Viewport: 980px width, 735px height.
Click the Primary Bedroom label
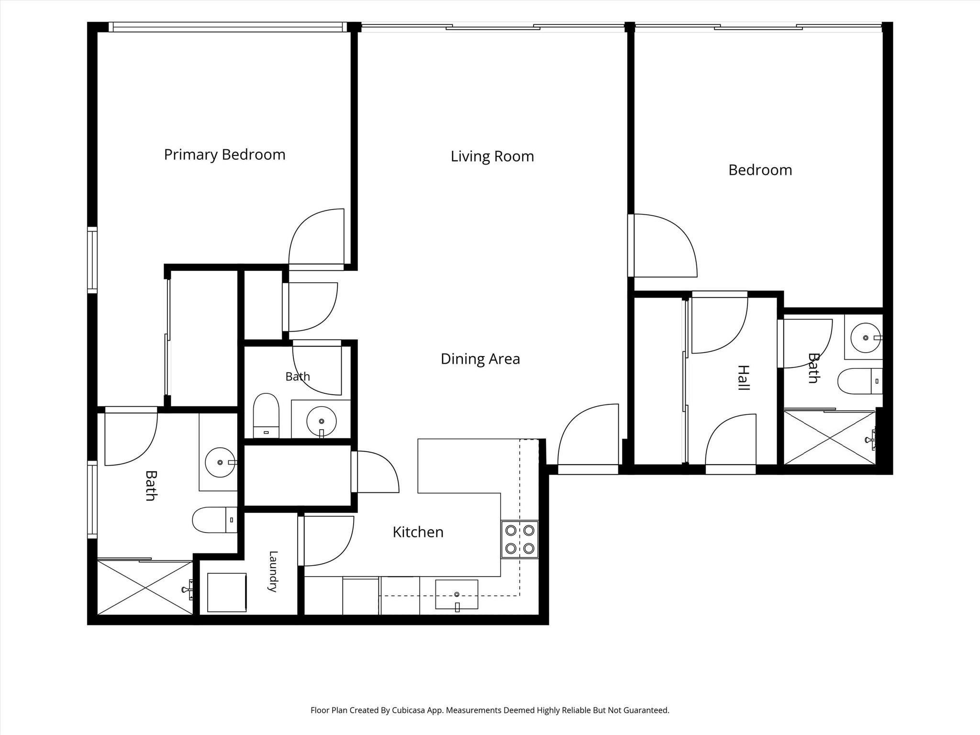pyautogui.click(x=224, y=155)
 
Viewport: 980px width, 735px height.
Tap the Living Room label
pyautogui.click(x=492, y=156)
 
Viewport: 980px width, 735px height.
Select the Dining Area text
pyautogui.click(x=480, y=359)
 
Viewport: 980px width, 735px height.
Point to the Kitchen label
pyautogui.click(x=418, y=532)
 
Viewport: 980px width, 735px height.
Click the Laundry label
pyautogui.click(x=273, y=571)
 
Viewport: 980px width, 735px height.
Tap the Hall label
pyautogui.click(x=743, y=378)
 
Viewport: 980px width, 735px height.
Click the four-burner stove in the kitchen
pyautogui.click(x=520, y=539)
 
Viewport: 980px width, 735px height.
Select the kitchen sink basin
pyautogui.click(x=457, y=595)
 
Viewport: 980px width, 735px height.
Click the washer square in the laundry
pyautogui.click(x=227, y=592)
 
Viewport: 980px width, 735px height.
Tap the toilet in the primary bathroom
pyautogui.click(x=215, y=520)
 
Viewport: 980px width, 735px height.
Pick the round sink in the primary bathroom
pyautogui.click(x=220, y=462)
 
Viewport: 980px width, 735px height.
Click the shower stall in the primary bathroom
pyautogui.click(x=145, y=588)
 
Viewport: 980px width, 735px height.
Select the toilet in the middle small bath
pyautogui.click(x=266, y=415)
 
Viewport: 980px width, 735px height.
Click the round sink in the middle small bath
pyautogui.click(x=321, y=422)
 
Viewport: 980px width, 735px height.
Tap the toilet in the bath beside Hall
pyautogui.click(x=860, y=381)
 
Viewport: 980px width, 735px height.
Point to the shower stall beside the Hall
pyautogui.click(x=830, y=437)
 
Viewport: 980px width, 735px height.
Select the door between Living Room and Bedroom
pyautogui.click(x=662, y=245)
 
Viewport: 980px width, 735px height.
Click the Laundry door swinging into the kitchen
pyautogui.click(x=326, y=541)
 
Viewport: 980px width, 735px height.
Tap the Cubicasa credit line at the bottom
pyautogui.click(x=490, y=710)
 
